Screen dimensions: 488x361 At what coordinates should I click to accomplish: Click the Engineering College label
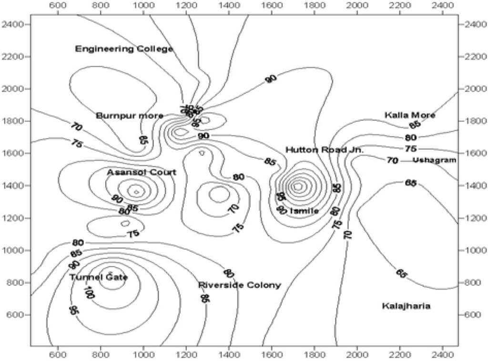[x=124, y=49]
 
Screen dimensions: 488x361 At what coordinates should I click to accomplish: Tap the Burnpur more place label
[x=130, y=115]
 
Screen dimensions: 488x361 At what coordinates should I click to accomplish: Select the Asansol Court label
[x=142, y=172]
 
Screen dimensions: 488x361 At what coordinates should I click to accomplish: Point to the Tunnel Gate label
[x=98, y=277]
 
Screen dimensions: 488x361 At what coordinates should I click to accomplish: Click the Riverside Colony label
[x=239, y=285]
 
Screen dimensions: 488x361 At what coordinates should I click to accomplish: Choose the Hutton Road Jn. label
[x=324, y=150]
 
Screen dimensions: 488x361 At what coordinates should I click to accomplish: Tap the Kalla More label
[x=410, y=115]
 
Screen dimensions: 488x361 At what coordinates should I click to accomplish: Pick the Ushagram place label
[x=434, y=160]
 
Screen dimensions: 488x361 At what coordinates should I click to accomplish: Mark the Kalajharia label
[x=406, y=306]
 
